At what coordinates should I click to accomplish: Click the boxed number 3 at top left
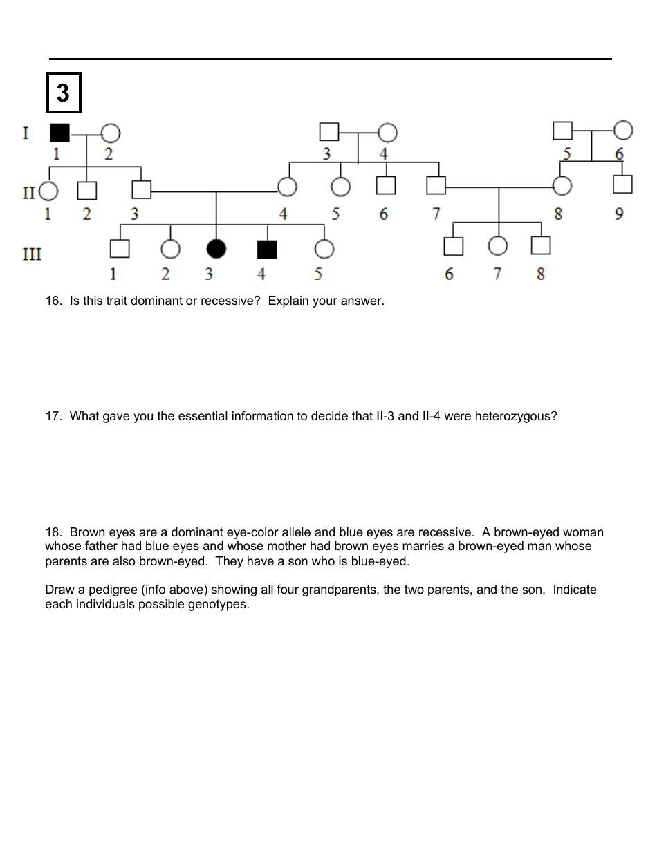[63, 93]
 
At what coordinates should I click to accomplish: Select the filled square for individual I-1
[60, 132]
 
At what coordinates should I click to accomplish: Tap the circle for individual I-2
[111, 133]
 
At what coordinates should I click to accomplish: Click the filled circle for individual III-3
[216, 249]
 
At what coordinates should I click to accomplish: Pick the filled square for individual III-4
[267, 249]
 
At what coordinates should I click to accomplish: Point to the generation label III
[32, 254]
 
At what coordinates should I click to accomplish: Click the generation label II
[28, 192]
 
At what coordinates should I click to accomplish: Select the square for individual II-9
[622, 185]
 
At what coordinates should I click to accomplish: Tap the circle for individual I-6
[623, 129]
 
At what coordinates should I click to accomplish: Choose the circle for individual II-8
[562, 186]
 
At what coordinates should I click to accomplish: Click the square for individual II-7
[436, 185]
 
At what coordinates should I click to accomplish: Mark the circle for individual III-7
[497, 245]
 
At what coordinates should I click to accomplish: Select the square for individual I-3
[329, 131]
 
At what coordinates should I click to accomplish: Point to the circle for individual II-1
[48, 190]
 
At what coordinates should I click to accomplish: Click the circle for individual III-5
[324, 249]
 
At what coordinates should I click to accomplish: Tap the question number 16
[53, 301]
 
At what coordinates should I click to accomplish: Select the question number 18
[53, 532]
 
